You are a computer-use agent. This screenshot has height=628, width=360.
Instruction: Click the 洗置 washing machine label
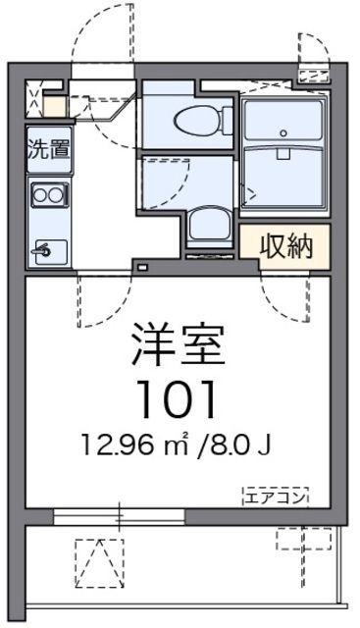(48, 151)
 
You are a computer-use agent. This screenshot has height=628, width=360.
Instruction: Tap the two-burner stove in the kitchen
(48, 195)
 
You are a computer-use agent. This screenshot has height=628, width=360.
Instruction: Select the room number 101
(177, 397)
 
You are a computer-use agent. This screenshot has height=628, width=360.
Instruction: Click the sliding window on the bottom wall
(119, 513)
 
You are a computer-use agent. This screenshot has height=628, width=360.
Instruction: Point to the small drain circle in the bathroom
(283, 132)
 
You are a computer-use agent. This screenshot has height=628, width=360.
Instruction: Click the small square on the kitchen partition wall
(141, 267)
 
